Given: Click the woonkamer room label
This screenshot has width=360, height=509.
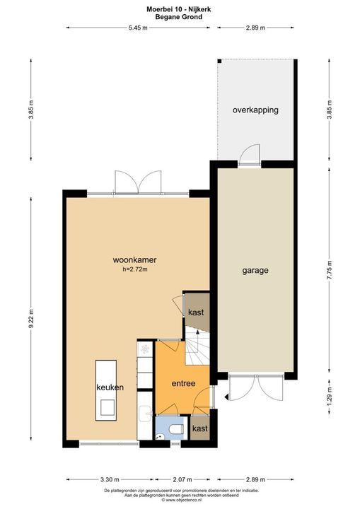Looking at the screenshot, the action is (x=134, y=260).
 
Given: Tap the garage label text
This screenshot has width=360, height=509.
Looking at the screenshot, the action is (x=255, y=270).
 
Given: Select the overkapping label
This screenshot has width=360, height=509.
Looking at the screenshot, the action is (x=255, y=110).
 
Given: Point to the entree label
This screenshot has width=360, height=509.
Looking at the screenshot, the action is (x=183, y=383).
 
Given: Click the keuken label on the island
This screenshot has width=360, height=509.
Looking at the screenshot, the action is (x=110, y=387).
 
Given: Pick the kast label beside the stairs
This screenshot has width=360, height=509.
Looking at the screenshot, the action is (x=196, y=312).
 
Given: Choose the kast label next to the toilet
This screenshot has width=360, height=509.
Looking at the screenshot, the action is (x=200, y=428).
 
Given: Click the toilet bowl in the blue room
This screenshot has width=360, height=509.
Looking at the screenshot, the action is (x=177, y=430).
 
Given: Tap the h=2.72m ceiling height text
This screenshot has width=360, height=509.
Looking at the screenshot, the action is (x=135, y=269).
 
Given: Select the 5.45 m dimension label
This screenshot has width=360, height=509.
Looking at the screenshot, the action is (x=138, y=28).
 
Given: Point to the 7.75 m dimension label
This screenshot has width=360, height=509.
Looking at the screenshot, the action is (x=329, y=270).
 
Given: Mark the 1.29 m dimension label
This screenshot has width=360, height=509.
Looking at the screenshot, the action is (x=329, y=397).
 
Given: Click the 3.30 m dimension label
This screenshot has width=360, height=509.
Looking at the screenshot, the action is (x=110, y=479).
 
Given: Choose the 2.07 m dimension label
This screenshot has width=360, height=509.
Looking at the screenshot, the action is (x=182, y=479).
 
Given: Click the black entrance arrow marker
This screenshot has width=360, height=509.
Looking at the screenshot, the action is (x=226, y=397).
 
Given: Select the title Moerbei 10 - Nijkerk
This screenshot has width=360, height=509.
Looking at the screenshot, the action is (x=179, y=9).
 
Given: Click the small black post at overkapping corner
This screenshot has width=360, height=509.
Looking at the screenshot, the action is (x=220, y=62).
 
